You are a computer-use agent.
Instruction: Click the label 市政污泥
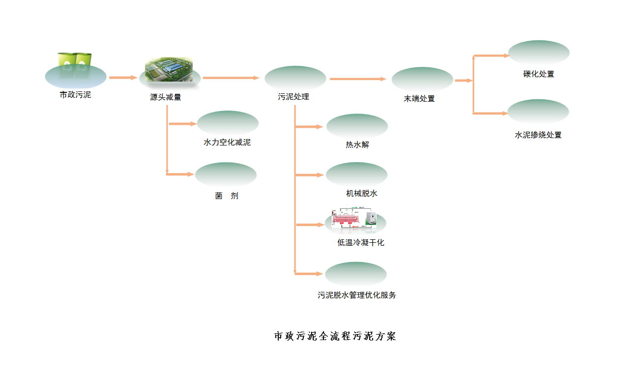(75, 95)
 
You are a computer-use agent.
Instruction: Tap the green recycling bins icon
(75, 61)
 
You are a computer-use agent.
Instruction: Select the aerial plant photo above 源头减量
(168, 69)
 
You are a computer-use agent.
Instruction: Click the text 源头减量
(166, 97)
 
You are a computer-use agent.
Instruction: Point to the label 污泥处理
(293, 97)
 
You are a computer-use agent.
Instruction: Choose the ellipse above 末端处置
(422, 79)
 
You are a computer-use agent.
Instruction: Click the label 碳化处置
(539, 74)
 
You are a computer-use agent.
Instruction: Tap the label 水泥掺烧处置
(538, 135)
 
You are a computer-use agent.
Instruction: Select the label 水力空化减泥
(227, 143)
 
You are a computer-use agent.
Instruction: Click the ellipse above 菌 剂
(226, 174)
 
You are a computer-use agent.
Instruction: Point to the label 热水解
(357, 145)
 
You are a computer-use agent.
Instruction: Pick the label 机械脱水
(362, 194)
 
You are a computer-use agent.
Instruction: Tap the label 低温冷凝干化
(361, 242)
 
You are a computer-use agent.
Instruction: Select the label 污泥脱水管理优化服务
(357, 295)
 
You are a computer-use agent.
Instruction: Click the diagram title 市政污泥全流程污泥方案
(335, 337)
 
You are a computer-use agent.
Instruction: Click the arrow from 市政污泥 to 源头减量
(123, 78)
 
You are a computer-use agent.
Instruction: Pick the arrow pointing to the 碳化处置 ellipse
(492, 56)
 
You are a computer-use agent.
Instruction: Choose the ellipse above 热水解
(357, 126)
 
